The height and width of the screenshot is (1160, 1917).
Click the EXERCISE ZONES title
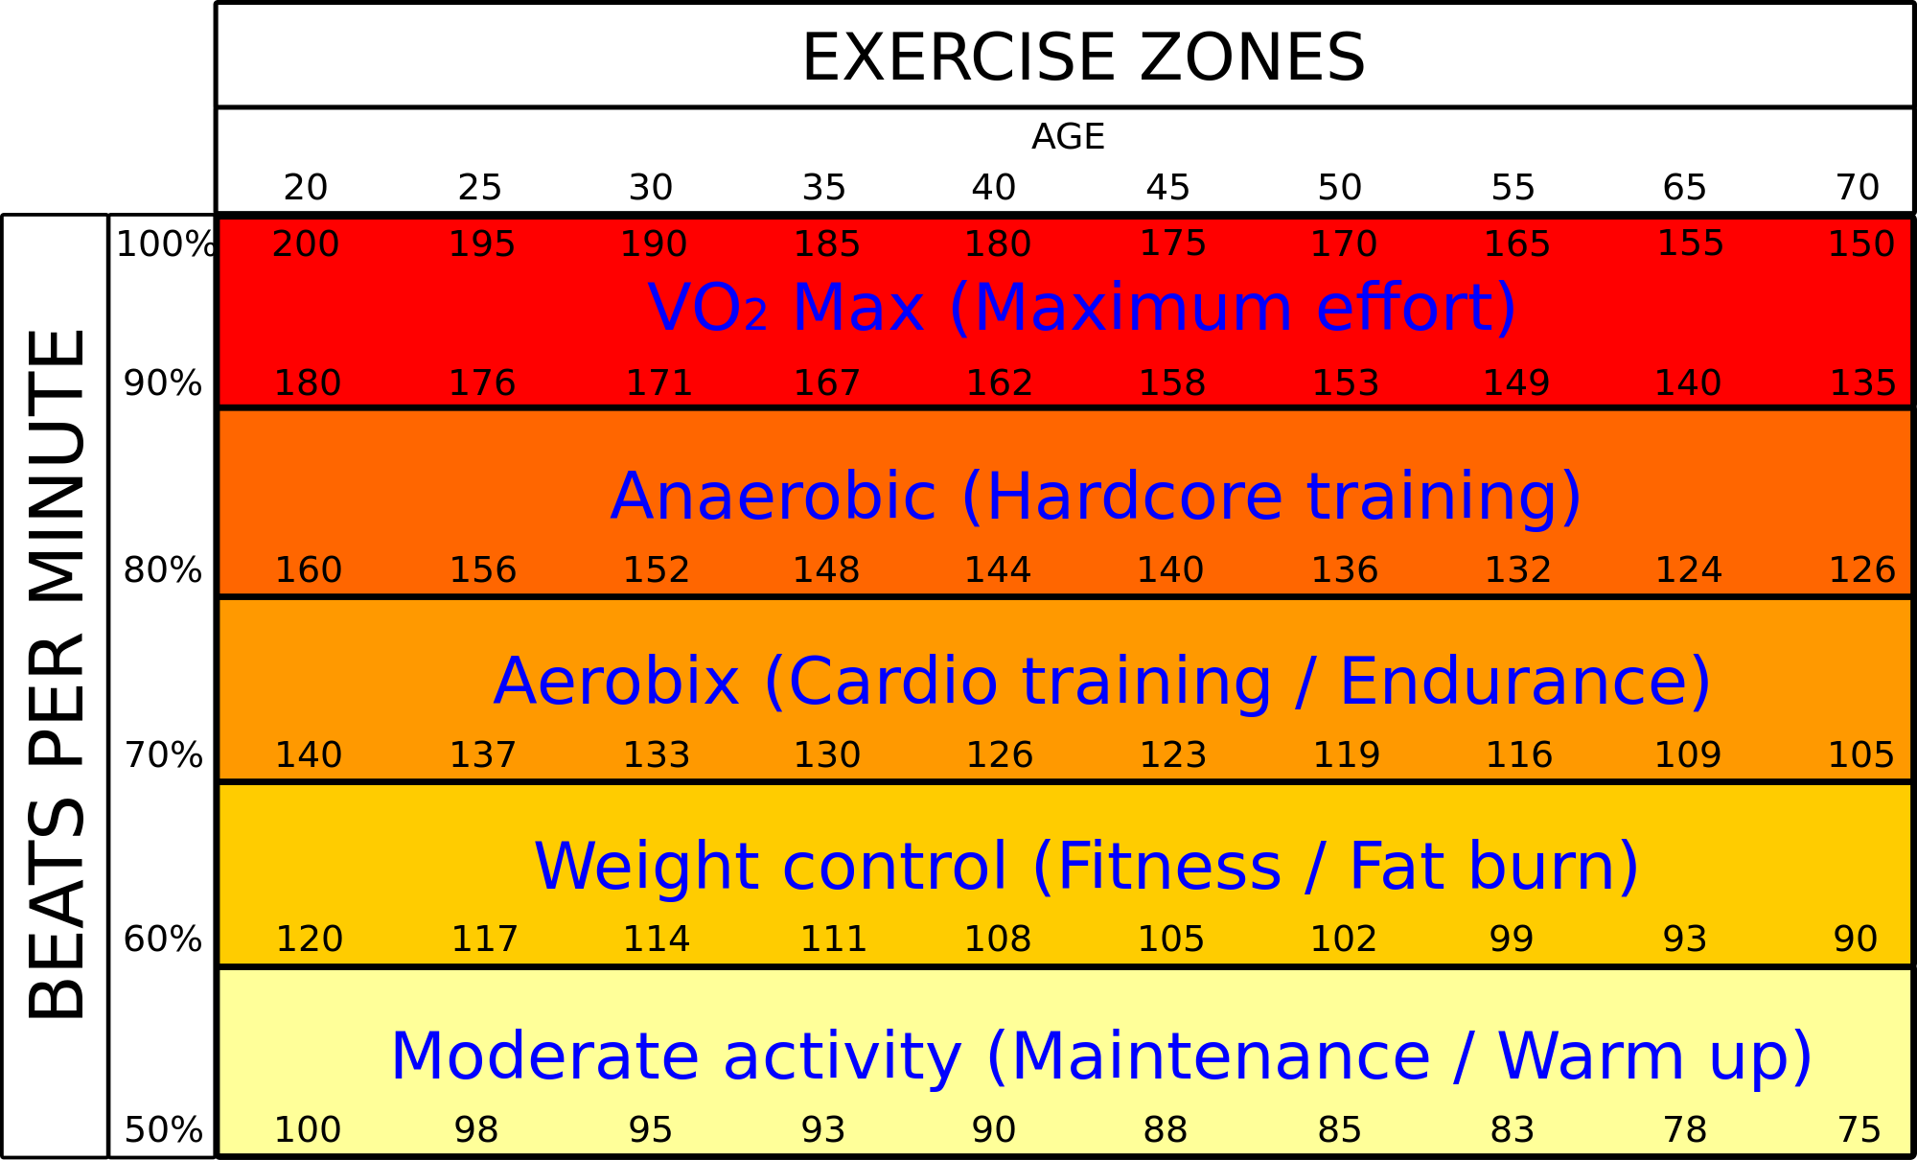[1083, 58]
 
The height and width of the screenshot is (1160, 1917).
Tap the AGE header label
[1068, 137]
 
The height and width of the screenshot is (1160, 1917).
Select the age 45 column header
[1167, 187]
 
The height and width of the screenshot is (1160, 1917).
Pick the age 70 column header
[1857, 187]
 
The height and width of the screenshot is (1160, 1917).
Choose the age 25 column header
[479, 187]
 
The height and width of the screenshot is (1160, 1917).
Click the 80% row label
[163, 570]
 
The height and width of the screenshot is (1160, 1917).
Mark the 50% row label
[163, 1130]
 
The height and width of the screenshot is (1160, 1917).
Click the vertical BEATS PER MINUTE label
[56, 674]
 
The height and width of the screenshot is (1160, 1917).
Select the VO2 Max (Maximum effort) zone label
[1082, 309]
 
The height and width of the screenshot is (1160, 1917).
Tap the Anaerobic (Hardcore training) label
[1096, 497]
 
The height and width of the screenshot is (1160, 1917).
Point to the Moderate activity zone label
[1101, 1056]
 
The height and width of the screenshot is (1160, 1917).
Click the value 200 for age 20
[306, 244]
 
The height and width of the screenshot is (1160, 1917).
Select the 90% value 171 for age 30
[658, 383]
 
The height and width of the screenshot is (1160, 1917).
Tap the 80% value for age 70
[1861, 570]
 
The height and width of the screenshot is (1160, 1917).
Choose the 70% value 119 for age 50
[1346, 755]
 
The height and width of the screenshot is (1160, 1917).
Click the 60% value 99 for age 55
[1512, 939]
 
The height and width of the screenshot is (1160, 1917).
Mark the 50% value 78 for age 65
[1685, 1130]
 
